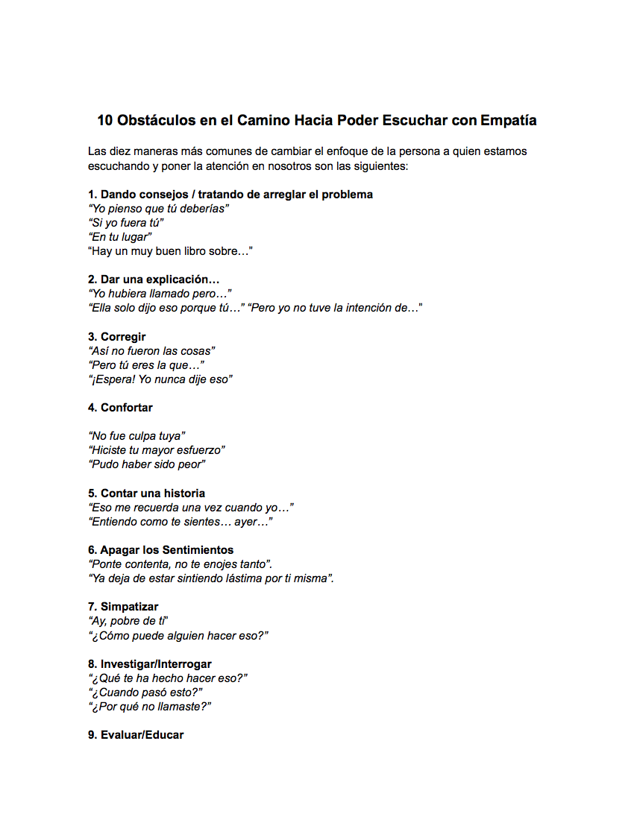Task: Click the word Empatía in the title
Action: click(x=509, y=120)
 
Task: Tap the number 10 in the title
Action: click(x=104, y=120)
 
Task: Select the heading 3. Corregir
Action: click(x=117, y=337)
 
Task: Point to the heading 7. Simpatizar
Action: click(x=123, y=607)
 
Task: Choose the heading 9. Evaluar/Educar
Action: click(x=136, y=735)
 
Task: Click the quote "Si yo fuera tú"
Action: click(x=125, y=223)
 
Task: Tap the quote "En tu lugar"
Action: click(x=120, y=237)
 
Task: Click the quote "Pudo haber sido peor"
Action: click(x=146, y=464)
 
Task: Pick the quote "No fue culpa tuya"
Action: click(x=136, y=436)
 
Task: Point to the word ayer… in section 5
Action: click(x=253, y=522)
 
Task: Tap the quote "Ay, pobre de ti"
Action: click(x=129, y=621)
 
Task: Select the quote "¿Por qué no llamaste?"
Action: click(x=150, y=707)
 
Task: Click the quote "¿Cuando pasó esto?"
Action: click(x=145, y=693)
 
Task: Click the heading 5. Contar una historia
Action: click(x=146, y=493)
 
